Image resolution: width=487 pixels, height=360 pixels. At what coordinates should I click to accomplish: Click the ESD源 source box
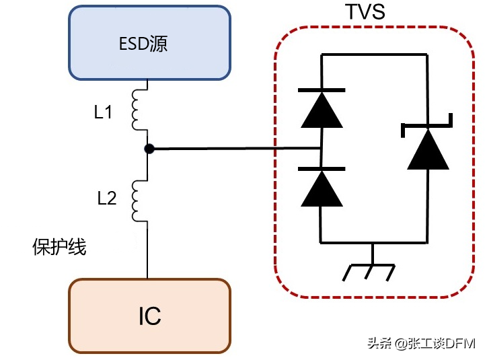click(x=149, y=44)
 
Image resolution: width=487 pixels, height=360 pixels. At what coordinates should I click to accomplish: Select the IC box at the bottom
click(x=149, y=315)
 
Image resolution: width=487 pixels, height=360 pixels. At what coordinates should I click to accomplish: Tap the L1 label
click(x=103, y=113)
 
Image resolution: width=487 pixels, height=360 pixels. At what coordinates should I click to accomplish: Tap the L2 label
click(x=106, y=198)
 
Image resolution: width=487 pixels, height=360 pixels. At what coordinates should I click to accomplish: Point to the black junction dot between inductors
click(x=149, y=149)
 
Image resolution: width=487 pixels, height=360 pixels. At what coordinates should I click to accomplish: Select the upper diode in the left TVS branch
click(x=322, y=108)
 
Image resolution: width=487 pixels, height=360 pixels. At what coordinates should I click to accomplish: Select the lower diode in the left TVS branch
click(x=322, y=188)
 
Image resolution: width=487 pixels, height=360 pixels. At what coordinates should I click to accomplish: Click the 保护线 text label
click(x=59, y=247)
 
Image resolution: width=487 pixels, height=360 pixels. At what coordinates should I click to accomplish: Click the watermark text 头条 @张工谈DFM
click(x=421, y=344)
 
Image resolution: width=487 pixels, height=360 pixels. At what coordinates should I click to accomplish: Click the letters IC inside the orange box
click(x=149, y=316)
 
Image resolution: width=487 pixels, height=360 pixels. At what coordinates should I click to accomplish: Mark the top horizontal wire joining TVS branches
click(x=374, y=55)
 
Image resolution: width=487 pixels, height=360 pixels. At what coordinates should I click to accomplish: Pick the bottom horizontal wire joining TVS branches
click(x=374, y=242)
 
